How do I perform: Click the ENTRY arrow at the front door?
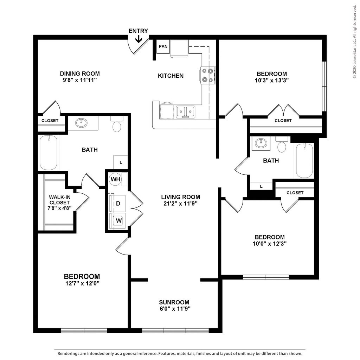(x=139, y=39)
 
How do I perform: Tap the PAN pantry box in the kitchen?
(x=163, y=46)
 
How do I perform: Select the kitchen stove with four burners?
(x=207, y=75)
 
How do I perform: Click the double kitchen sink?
(x=185, y=111)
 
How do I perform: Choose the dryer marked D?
(x=117, y=204)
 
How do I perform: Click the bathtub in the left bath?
(x=49, y=153)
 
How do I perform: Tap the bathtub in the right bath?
(x=304, y=161)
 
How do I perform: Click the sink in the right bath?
(x=261, y=143)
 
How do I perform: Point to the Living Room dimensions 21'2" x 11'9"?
(x=181, y=203)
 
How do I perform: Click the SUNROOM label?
(x=174, y=302)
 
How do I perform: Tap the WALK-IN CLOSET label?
(x=59, y=200)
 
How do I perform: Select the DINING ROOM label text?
(x=80, y=74)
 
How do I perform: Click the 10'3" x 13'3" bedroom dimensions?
(x=272, y=80)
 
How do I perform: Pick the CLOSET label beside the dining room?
(x=50, y=121)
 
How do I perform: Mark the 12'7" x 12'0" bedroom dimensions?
(x=82, y=283)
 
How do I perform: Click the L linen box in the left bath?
(x=121, y=162)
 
